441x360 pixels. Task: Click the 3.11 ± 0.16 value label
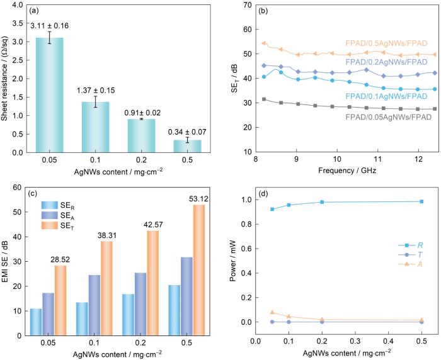pyautogui.click(x=61, y=26)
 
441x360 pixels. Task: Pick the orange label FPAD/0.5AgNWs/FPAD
pyautogui.click(x=387, y=43)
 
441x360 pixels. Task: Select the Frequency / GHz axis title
pyautogui.click(x=337, y=170)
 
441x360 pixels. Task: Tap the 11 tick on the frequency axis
pyautogui.click(x=377, y=160)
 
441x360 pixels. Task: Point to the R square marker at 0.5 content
pyautogui.click(x=421, y=201)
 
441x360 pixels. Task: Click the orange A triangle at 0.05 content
pyautogui.click(x=272, y=312)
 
